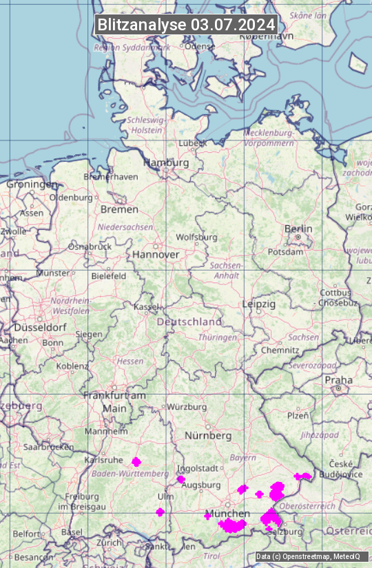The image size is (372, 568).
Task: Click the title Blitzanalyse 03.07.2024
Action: [x=186, y=25]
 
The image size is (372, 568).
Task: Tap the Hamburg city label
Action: [x=166, y=162]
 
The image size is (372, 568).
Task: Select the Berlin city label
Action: [x=298, y=229]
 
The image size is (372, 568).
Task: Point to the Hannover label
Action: [x=156, y=254]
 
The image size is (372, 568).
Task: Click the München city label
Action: [x=228, y=514]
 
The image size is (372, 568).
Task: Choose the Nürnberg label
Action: [x=208, y=436]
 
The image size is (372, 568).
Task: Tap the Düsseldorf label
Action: [x=40, y=328]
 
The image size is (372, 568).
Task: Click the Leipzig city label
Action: [x=259, y=304]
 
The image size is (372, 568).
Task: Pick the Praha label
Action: [x=338, y=380]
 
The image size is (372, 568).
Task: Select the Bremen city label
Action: [x=119, y=209]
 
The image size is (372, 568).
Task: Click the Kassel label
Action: [x=146, y=306]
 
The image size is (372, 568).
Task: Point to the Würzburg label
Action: [x=187, y=407]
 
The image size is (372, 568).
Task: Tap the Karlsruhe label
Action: [x=103, y=460]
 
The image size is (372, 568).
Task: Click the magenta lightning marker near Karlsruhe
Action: [x=136, y=461]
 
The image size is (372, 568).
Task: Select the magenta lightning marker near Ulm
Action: [x=161, y=512]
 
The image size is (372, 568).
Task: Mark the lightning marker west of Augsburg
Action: [x=180, y=479]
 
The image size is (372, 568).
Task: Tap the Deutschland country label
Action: [x=189, y=322]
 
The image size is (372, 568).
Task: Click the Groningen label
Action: [x=32, y=185]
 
